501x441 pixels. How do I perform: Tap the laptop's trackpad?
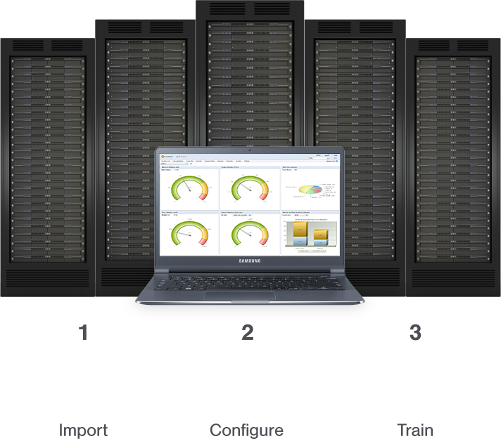click(250, 296)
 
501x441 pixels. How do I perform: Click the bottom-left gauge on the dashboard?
click(189, 232)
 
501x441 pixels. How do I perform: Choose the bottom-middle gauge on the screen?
click(250, 232)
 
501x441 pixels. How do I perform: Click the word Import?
click(83, 429)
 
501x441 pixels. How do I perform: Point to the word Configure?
click(247, 429)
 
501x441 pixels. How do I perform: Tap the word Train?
click(415, 429)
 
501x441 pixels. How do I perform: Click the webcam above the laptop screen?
click(250, 150)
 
